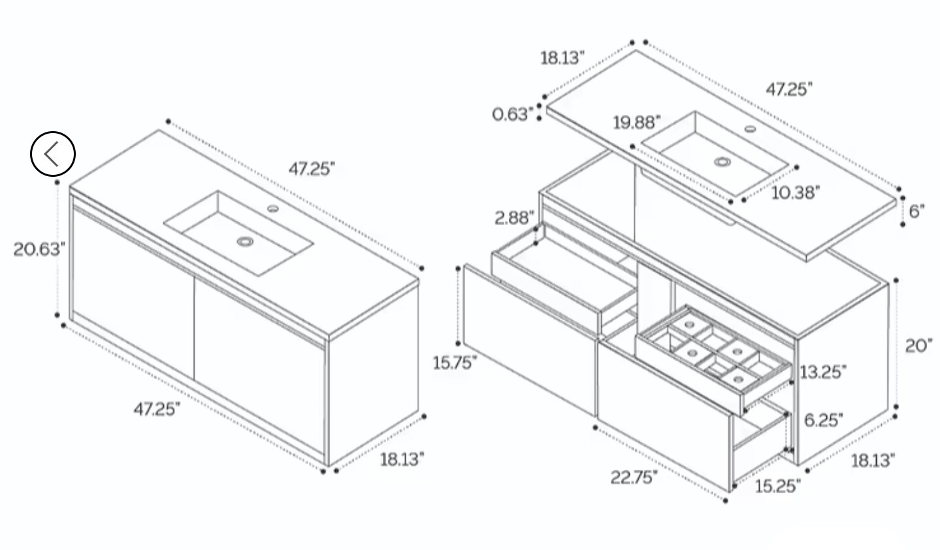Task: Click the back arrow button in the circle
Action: pyautogui.click(x=53, y=153)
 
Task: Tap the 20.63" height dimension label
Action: pyautogui.click(x=39, y=249)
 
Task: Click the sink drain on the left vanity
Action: pyautogui.click(x=245, y=241)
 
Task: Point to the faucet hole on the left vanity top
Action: pyautogui.click(x=273, y=208)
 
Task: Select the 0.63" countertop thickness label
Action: pyautogui.click(x=512, y=114)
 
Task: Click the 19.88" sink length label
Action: pyautogui.click(x=637, y=123)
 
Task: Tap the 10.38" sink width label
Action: pyautogui.click(x=796, y=193)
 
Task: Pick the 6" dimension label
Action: pyautogui.click(x=916, y=211)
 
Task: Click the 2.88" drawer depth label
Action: pyautogui.click(x=514, y=218)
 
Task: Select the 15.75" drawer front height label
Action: pyautogui.click(x=455, y=363)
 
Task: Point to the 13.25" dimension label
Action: pyautogui.click(x=823, y=372)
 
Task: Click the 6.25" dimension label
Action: pyautogui.click(x=823, y=420)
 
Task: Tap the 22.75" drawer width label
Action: pyautogui.click(x=634, y=477)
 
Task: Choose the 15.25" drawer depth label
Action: pyautogui.click(x=778, y=486)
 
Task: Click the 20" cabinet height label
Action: pyautogui.click(x=918, y=346)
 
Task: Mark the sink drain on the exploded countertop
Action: pyautogui.click(x=722, y=161)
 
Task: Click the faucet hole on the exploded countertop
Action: pyautogui.click(x=751, y=129)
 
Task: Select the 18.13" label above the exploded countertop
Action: pyautogui.click(x=562, y=58)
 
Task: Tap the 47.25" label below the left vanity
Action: pyautogui.click(x=157, y=409)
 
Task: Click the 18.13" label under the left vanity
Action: pyautogui.click(x=402, y=459)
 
